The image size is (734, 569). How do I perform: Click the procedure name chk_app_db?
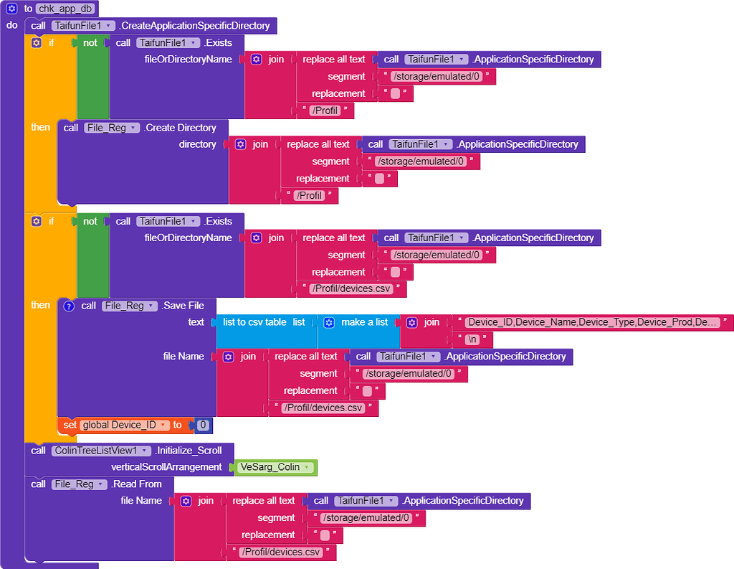tap(66, 9)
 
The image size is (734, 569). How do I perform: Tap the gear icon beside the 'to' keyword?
tap(11, 9)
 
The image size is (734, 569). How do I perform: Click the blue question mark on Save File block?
tap(69, 306)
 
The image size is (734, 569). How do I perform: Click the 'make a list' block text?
tap(365, 322)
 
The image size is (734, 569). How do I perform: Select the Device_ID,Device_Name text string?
tap(592, 322)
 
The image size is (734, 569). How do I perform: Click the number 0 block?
tap(203, 425)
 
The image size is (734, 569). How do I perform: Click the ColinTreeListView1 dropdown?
tap(100, 451)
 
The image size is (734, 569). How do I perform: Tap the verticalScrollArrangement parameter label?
tap(166, 467)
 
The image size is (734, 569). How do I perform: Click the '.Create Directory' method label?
tap(180, 128)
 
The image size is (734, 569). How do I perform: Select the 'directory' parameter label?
tap(197, 144)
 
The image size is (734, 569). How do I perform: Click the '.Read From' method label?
tap(136, 484)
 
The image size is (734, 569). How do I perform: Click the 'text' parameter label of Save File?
tap(196, 322)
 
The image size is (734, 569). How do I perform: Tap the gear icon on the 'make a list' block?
tap(328, 322)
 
